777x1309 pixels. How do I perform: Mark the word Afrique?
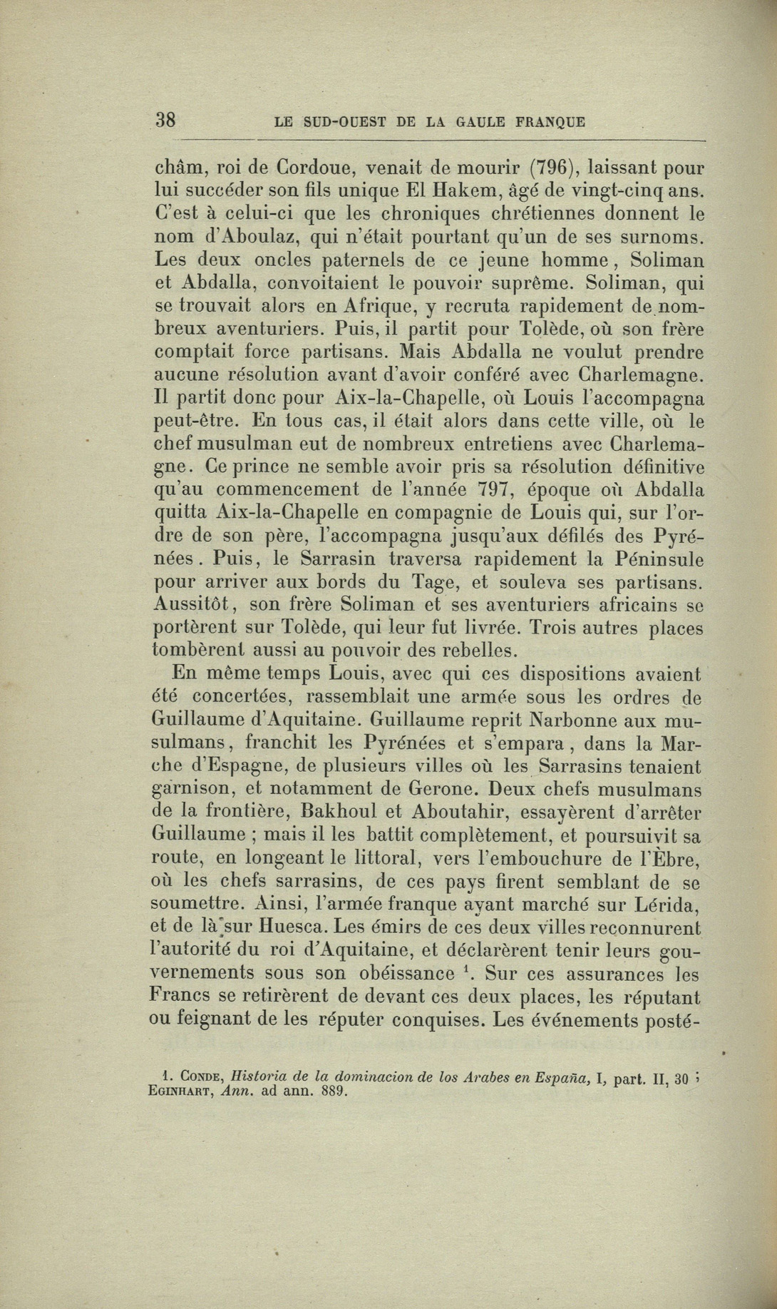pos(381,305)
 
